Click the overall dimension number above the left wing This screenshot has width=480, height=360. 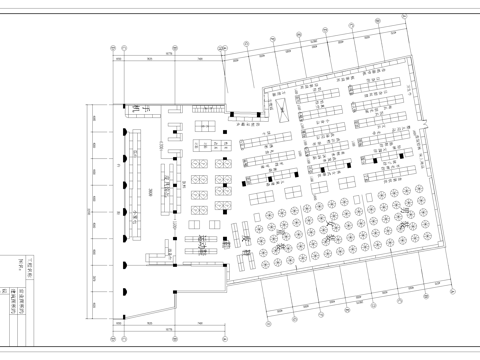click(x=170, y=55)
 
